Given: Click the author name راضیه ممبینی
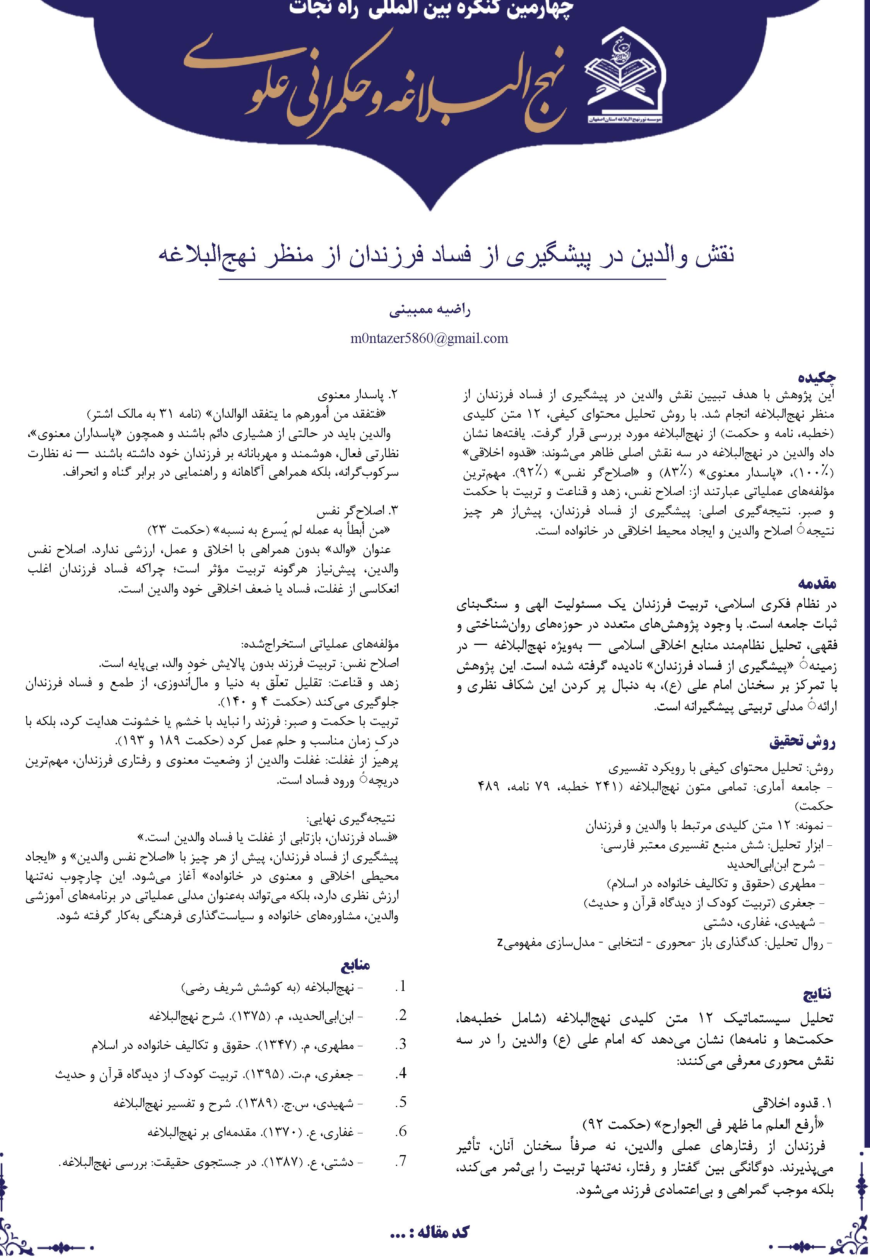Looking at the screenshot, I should [430, 310].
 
